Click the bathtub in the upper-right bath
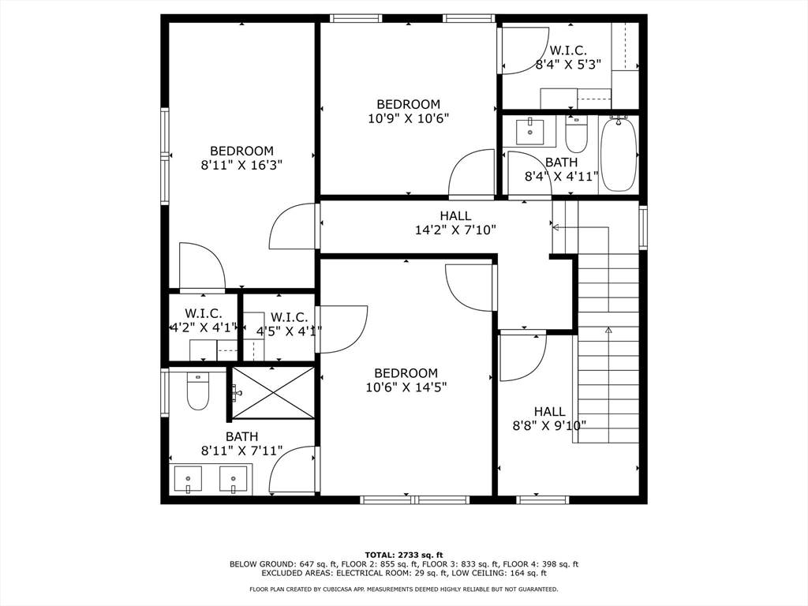619,155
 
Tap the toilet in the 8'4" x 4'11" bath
576,134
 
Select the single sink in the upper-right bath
529,132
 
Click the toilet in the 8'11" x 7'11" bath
198,391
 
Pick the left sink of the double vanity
188,479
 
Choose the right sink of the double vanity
234,479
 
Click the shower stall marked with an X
272,393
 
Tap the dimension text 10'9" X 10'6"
408,118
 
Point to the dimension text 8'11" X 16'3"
241,166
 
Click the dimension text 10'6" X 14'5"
406,387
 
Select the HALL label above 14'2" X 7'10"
455,215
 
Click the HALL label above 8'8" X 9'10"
549,412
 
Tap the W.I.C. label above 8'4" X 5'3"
568,50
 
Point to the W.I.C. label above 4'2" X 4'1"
204,313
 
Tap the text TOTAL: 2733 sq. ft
404,555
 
